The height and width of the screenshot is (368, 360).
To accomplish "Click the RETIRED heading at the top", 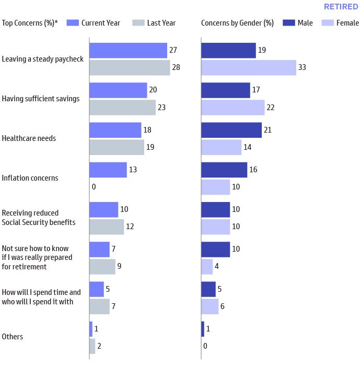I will (x=341, y=7).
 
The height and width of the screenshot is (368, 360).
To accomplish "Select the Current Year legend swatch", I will (x=72, y=23).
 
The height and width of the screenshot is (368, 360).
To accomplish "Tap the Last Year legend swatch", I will (x=137, y=23).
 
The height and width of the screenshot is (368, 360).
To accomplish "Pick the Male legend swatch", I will (x=289, y=23).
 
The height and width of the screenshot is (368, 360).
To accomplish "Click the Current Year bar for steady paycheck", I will (x=128, y=51).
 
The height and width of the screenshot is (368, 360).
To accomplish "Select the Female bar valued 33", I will (x=248, y=68).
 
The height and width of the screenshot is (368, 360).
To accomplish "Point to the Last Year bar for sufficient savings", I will (x=122, y=108).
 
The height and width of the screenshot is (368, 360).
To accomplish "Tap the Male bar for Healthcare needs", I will (x=231, y=130).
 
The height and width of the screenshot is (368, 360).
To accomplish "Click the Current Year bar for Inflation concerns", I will (x=108, y=170).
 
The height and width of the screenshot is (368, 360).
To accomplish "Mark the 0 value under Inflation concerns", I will (x=94, y=187).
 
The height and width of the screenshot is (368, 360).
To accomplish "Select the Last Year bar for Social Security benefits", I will (x=107, y=227).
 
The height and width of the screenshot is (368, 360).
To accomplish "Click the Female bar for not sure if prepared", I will (x=207, y=266).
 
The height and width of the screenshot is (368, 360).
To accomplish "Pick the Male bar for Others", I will (x=203, y=329).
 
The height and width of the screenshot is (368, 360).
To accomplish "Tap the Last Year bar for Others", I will (x=92, y=346).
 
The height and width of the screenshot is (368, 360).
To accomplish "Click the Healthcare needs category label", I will (x=29, y=139).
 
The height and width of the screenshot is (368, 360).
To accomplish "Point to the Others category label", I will (x=13, y=337).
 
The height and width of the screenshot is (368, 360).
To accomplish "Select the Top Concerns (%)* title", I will (x=30, y=23).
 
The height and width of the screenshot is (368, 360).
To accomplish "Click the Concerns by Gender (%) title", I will (x=237, y=23).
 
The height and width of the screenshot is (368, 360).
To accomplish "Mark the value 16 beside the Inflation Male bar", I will (x=253, y=170).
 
